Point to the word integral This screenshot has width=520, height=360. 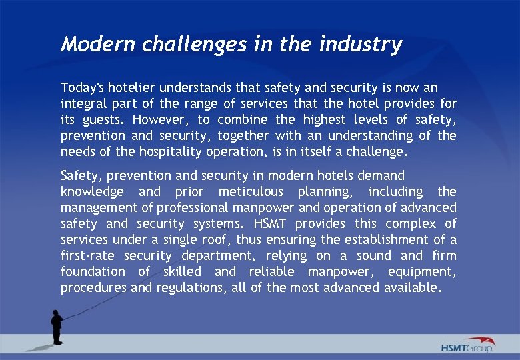pyautogui.click(x=83, y=103)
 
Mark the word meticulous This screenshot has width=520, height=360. pyautogui.click(x=253, y=191)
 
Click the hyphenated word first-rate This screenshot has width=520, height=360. pyautogui.click(x=88, y=255)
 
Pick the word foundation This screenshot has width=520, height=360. pyautogui.click(x=93, y=271)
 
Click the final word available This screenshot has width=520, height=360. pyautogui.click(x=412, y=287)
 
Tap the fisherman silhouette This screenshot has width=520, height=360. pyautogui.click(x=57, y=325)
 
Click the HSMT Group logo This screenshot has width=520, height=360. pyautogui.click(x=467, y=345)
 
